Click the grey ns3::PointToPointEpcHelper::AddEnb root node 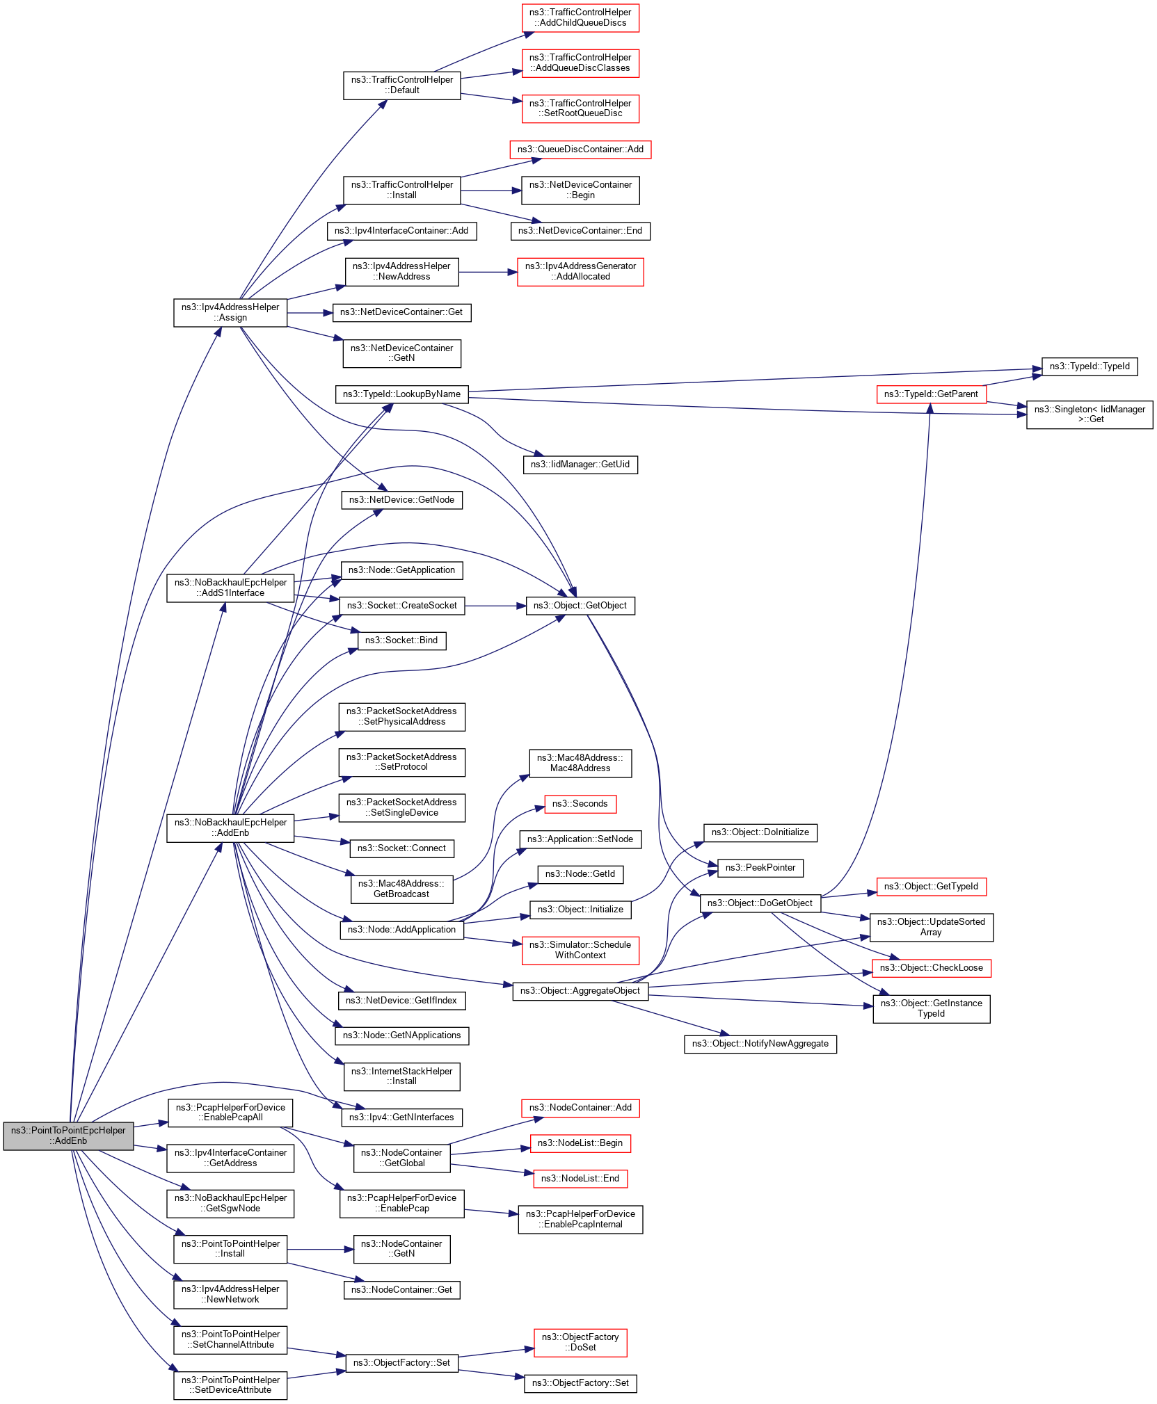[68, 1135]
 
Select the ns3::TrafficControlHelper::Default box [401, 85]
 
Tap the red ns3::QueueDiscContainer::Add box [580, 150]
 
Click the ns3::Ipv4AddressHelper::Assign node [230, 312]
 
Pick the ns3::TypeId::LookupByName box [401, 394]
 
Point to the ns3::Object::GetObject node [580, 606]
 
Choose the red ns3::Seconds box [580, 804]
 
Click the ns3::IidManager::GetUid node [580, 465]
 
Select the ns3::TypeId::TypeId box [1089, 366]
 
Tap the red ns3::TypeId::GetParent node [930, 394]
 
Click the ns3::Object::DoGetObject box [760, 903]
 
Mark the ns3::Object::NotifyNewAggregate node [760, 1044]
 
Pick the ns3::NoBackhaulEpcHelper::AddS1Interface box [230, 588]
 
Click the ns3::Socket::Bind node [401, 640]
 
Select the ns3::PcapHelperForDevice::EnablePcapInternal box [580, 1219]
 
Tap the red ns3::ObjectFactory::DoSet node [580, 1342]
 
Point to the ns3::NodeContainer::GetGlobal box [401, 1158]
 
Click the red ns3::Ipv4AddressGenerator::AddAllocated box [580, 271]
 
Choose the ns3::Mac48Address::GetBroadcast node [401, 889]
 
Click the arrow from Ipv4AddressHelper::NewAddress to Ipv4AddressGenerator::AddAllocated [488, 272]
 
